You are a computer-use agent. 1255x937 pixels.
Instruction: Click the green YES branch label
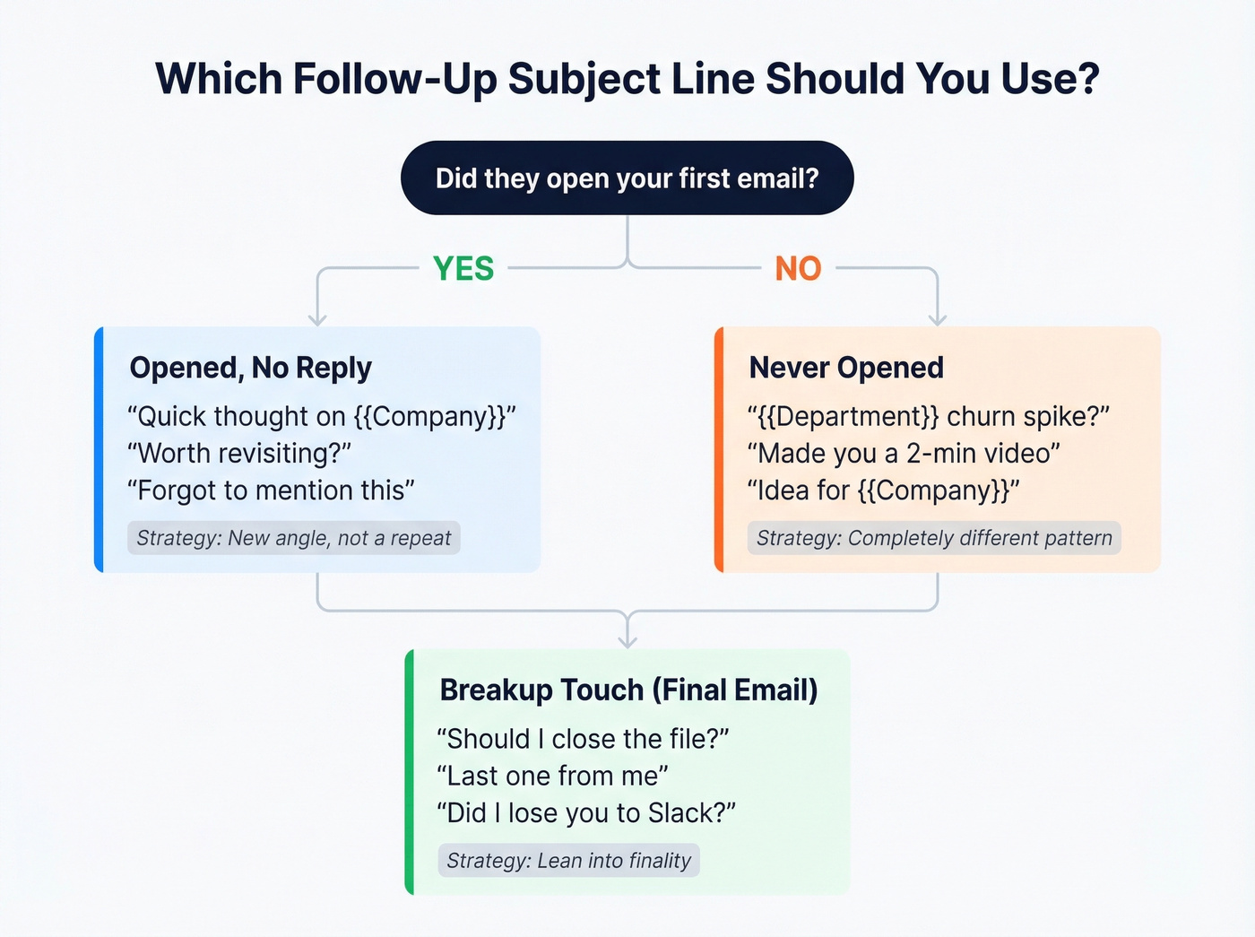463,268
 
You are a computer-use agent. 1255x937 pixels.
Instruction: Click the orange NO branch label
798,268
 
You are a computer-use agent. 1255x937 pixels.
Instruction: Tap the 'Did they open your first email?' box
627,178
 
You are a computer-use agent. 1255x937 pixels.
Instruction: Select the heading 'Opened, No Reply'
250,368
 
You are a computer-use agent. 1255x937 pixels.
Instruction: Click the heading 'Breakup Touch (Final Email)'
628,690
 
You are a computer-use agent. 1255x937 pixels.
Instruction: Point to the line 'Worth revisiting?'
239,453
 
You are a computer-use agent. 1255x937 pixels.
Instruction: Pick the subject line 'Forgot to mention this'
271,490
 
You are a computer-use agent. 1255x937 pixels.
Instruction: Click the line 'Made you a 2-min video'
904,453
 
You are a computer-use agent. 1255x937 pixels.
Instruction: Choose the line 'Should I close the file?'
583,739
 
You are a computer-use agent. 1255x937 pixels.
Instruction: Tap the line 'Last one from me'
552,776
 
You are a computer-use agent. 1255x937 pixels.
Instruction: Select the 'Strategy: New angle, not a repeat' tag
293,538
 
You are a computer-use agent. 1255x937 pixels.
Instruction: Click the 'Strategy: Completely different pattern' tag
934,538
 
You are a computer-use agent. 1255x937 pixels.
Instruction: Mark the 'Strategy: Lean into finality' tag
568,861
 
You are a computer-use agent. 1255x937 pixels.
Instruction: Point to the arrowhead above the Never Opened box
938,318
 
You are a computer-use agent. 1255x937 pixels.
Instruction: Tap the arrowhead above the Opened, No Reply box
317,318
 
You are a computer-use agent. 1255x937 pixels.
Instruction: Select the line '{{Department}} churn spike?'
929,416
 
